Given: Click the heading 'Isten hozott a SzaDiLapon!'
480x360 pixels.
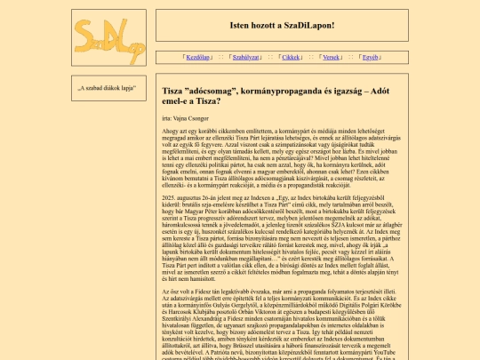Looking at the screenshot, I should tap(282, 24).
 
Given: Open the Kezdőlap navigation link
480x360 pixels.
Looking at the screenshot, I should tap(197, 56).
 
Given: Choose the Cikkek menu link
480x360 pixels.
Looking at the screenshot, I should tap(290, 56).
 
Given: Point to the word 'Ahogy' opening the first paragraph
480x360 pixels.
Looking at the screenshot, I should tap(169, 132).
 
